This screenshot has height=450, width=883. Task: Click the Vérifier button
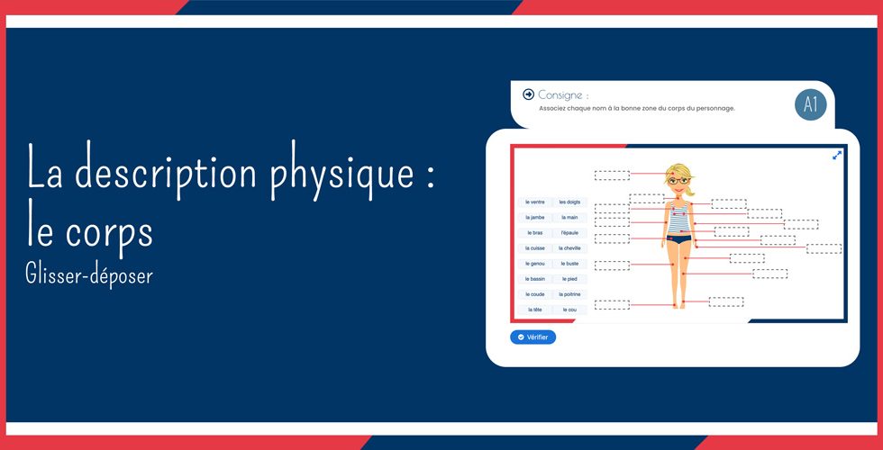(x=533, y=337)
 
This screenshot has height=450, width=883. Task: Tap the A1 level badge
(x=810, y=104)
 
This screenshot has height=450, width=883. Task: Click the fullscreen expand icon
(x=837, y=155)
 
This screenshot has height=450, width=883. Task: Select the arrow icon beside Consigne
(x=528, y=94)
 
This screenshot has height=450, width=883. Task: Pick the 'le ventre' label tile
(x=535, y=202)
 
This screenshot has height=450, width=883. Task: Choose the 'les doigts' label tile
(x=569, y=202)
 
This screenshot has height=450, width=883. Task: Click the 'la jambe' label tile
(x=535, y=217)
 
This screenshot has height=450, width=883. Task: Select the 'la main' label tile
(x=569, y=217)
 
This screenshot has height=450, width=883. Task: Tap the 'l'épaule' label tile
(x=569, y=232)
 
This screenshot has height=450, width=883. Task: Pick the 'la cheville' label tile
(x=569, y=247)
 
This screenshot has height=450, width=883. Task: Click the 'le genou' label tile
(x=535, y=264)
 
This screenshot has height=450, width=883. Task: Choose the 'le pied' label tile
(x=569, y=279)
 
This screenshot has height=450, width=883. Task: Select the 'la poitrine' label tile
(x=569, y=294)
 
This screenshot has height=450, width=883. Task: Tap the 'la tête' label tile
(x=535, y=310)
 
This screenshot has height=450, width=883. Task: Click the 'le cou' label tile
(x=569, y=310)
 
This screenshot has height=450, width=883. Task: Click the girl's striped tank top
(x=678, y=219)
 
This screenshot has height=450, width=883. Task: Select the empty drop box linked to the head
(x=612, y=175)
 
